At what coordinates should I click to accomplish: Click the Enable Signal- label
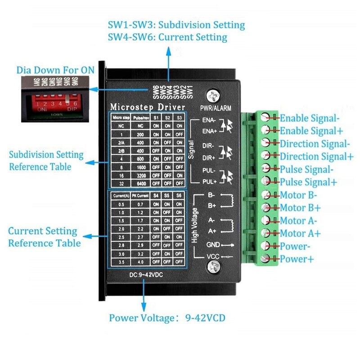[x=309, y=118]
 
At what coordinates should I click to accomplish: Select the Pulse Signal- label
[x=306, y=170]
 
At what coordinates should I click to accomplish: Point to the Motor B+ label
[x=300, y=208]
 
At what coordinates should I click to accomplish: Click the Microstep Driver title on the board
[x=148, y=107]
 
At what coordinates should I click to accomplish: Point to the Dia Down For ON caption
[x=55, y=70]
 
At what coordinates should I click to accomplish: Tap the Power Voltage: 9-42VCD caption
[x=167, y=318]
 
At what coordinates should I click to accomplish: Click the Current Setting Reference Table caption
[x=44, y=237]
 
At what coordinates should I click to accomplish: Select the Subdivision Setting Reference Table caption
[x=46, y=160]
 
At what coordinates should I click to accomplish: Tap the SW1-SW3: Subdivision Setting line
[x=176, y=25]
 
